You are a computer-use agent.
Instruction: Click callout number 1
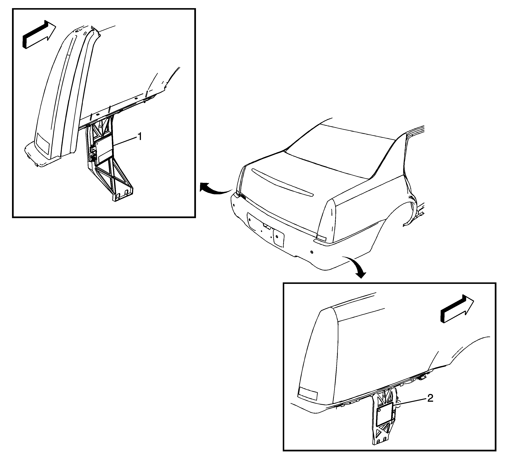pyautogui.click(x=139, y=137)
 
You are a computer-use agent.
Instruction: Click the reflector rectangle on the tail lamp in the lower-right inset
pyautogui.click(x=308, y=394)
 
